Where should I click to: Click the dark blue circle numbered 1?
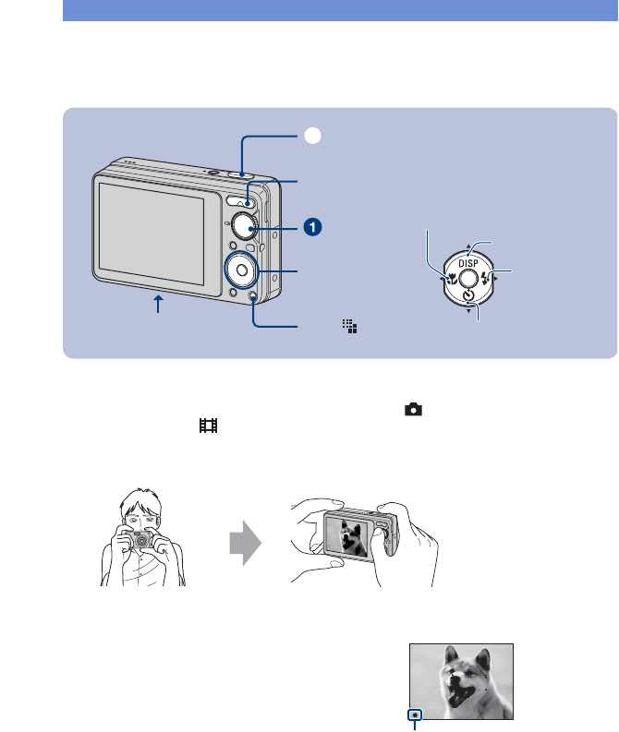tap(314, 225)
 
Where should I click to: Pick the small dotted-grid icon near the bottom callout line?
tap(349, 326)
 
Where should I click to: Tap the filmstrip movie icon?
tap(209, 426)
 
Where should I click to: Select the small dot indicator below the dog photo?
tap(416, 714)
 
